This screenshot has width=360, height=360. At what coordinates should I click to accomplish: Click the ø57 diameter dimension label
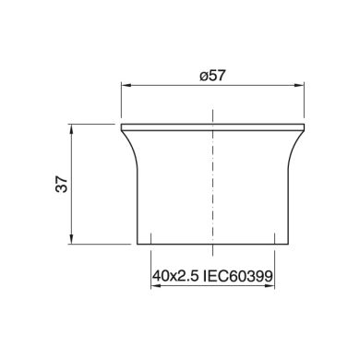click(x=212, y=76)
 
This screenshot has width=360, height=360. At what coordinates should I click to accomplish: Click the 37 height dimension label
click(x=62, y=184)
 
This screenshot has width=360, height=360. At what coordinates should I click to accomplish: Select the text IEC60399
click(x=238, y=276)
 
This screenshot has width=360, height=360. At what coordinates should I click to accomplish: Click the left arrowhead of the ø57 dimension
click(x=126, y=85)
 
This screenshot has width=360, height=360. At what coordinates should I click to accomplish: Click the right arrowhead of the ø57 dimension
click(x=300, y=85)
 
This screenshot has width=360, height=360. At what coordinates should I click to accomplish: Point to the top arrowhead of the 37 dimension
click(x=71, y=128)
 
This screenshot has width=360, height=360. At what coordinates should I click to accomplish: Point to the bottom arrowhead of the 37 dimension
click(x=71, y=239)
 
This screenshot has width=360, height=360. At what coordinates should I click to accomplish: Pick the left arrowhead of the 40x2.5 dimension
click(x=155, y=286)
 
